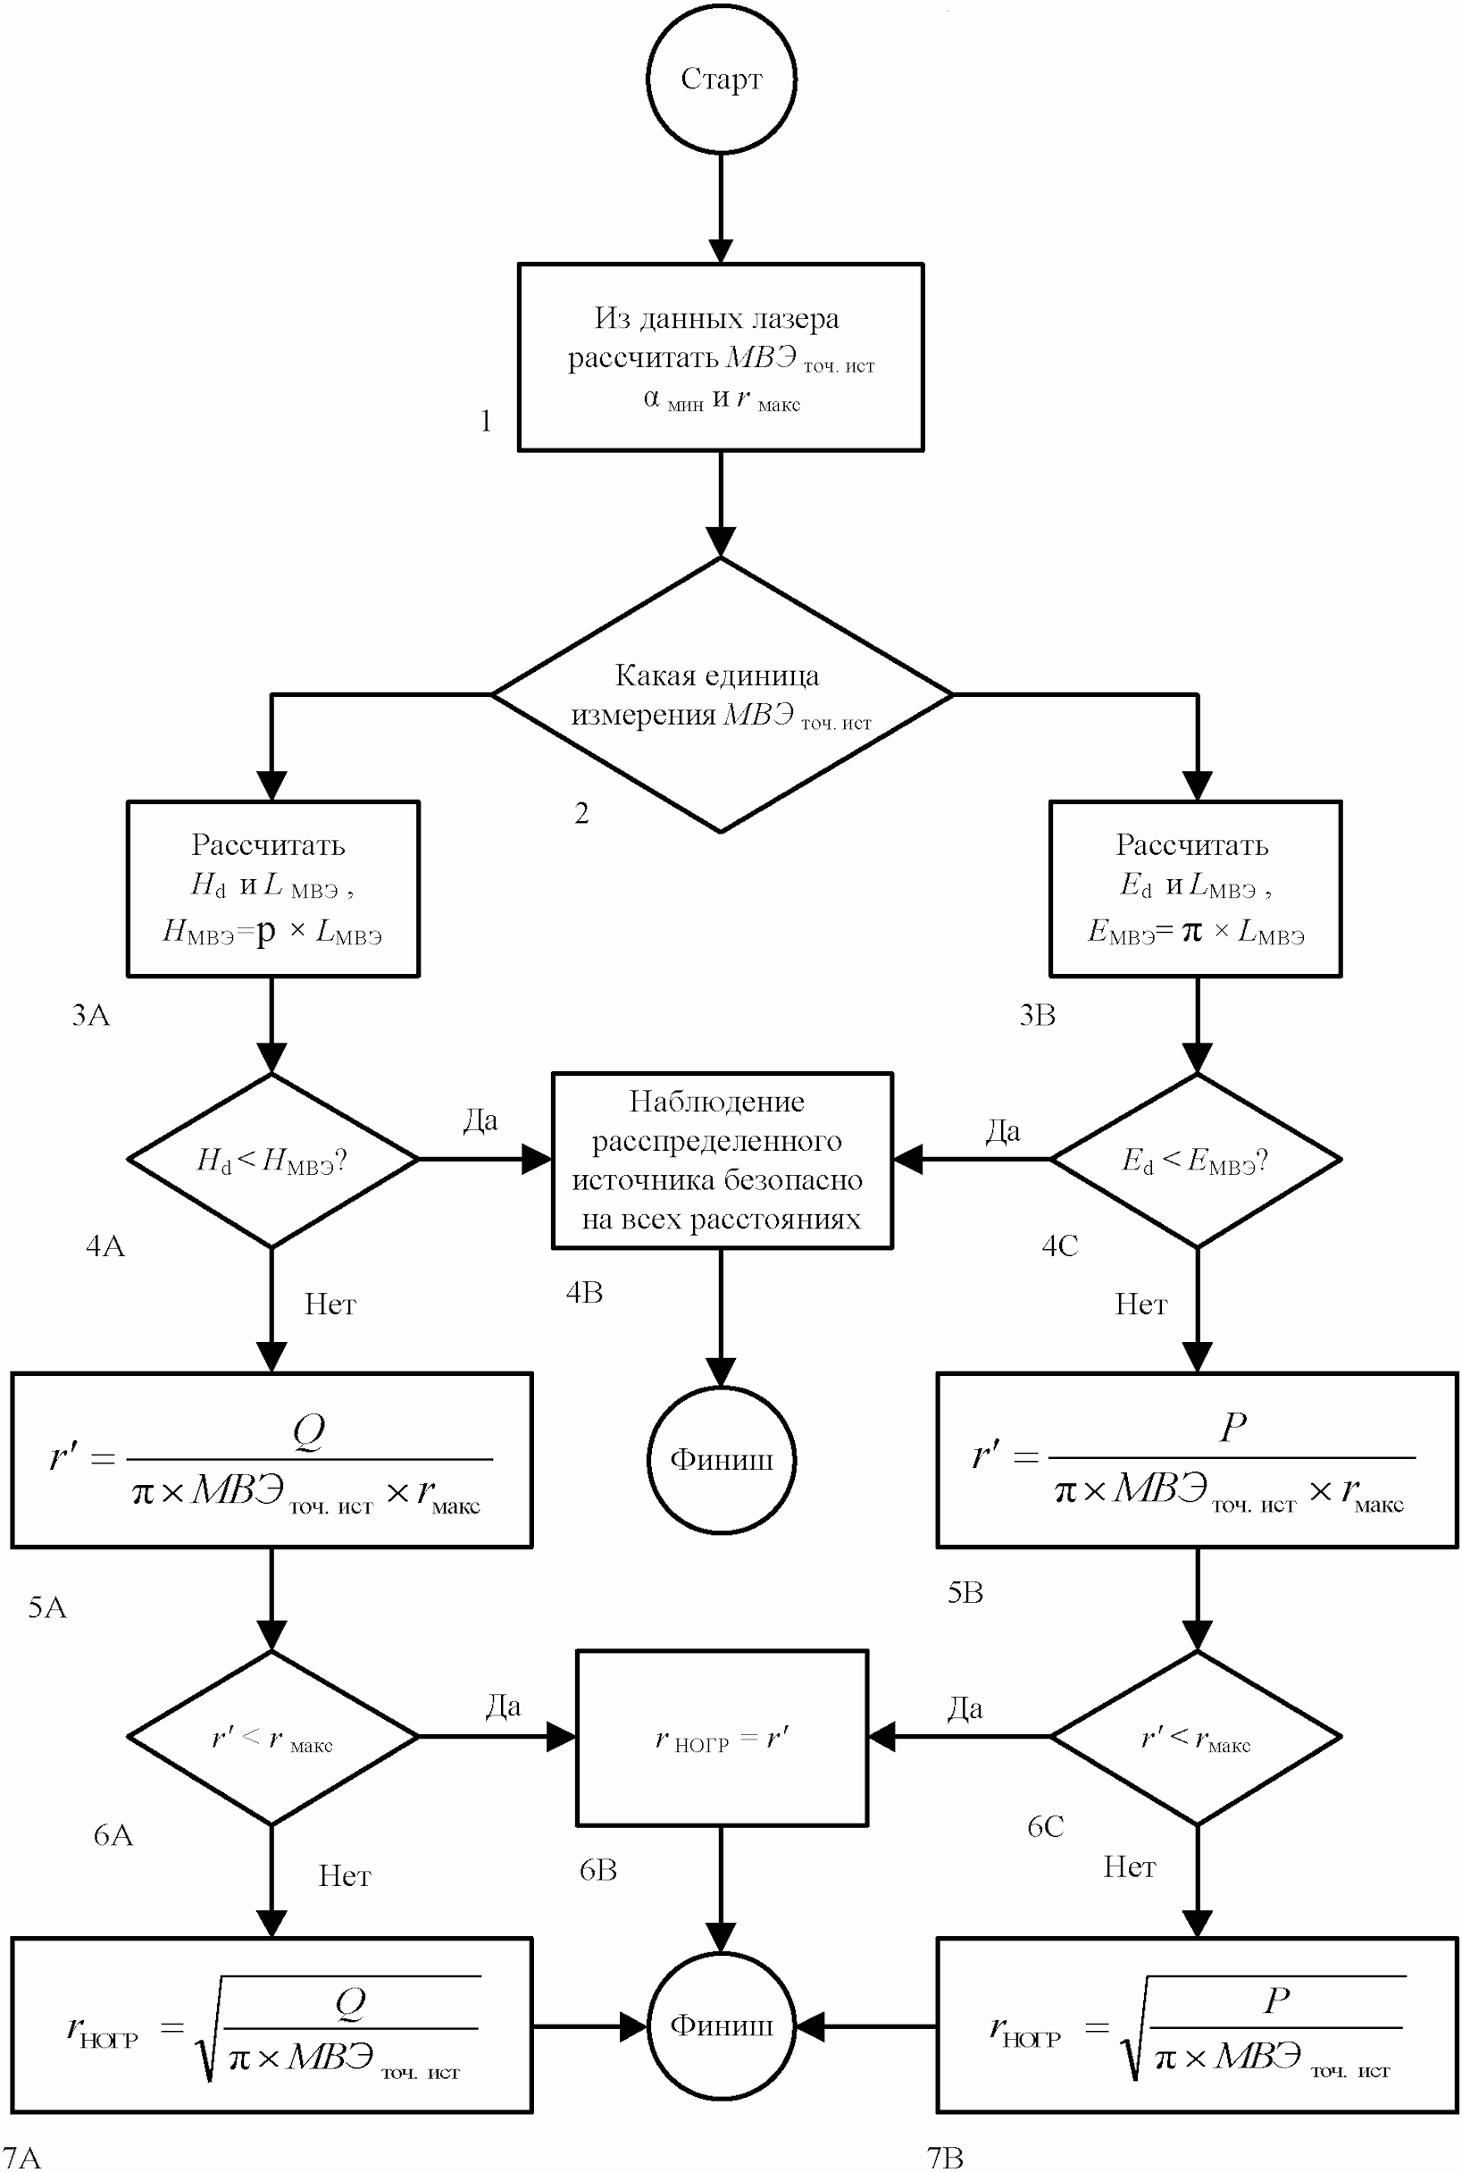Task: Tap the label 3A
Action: [90, 1015]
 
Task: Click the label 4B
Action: [585, 1293]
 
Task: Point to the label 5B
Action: [965, 1593]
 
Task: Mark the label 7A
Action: [21, 2157]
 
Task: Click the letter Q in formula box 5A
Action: [309, 1430]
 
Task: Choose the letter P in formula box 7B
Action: [1277, 2000]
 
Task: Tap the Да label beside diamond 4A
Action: [480, 1120]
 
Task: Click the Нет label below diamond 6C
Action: [1129, 1867]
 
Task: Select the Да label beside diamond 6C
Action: [965, 1708]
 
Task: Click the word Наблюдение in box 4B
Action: [716, 1102]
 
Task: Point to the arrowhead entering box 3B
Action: [1198, 786]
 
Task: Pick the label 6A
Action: [113, 1835]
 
